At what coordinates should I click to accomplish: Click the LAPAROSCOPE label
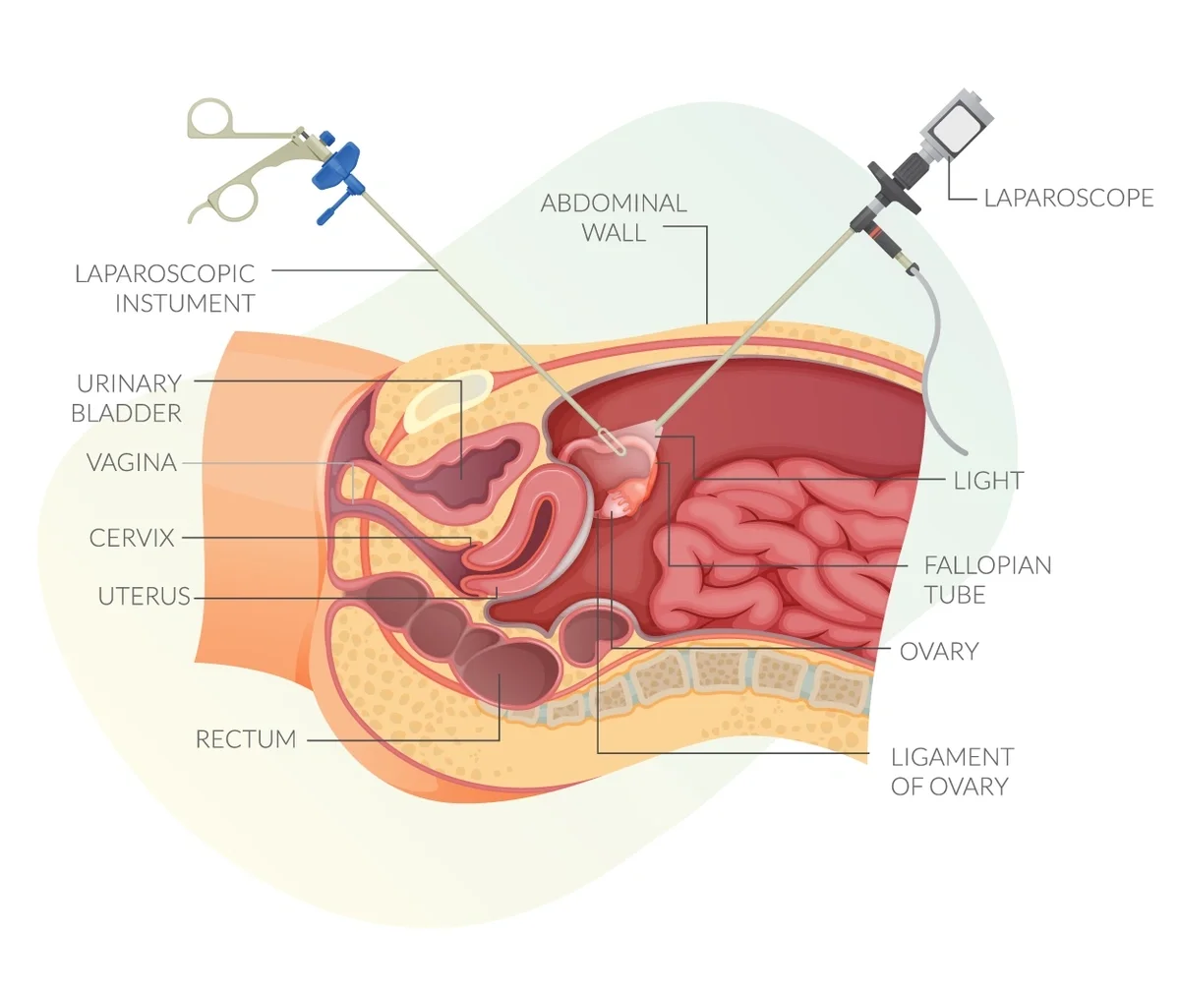pyautogui.click(x=1068, y=198)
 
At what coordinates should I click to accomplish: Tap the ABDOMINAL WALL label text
pyautogui.click(x=614, y=217)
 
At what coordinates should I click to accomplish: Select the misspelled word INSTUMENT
pyautogui.click(x=185, y=304)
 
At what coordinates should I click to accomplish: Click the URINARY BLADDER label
pyautogui.click(x=128, y=397)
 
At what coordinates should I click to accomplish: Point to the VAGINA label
pyautogui.click(x=132, y=462)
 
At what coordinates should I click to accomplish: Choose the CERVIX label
pyautogui.click(x=132, y=538)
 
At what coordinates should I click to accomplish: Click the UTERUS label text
pyautogui.click(x=144, y=596)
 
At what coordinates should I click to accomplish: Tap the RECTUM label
pyautogui.click(x=246, y=738)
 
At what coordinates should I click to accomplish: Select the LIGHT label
pyautogui.click(x=988, y=481)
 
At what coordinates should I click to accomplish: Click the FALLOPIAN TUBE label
pyautogui.click(x=986, y=579)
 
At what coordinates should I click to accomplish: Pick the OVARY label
pyautogui.click(x=938, y=651)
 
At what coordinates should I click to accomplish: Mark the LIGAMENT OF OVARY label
pyautogui.click(x=950, y=771)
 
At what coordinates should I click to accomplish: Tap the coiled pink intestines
pyautogui.click(x=777, y=551)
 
